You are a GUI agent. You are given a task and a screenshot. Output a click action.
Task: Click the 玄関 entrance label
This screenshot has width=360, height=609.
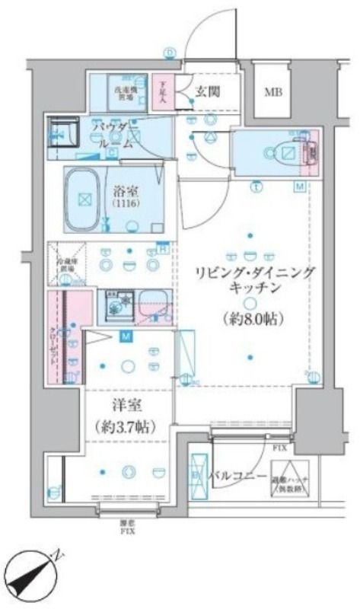pyautogui.click(x=207, y=91)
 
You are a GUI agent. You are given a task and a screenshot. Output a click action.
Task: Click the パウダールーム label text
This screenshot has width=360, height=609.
pyautogui.click(x=115, y=134)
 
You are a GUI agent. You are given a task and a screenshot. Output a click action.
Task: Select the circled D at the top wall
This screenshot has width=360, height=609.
pyautogui.click(x=169, y=52)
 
